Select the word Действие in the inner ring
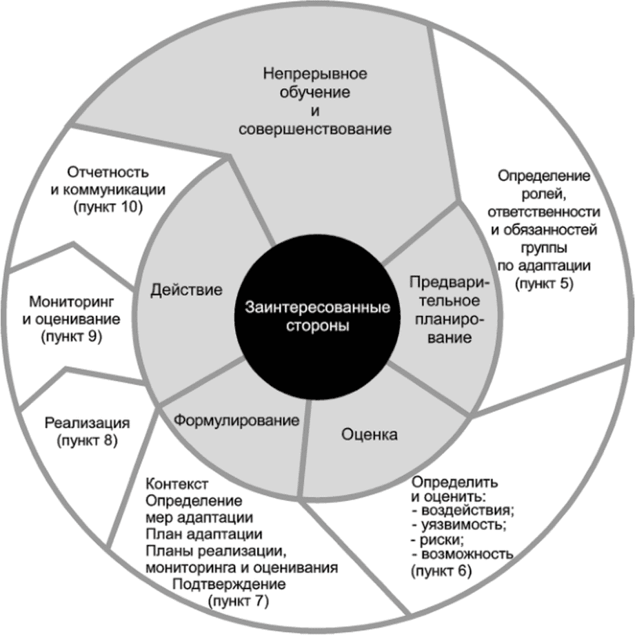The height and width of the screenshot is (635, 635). tap(186, 289)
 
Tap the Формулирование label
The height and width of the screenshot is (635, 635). tap(236, 420)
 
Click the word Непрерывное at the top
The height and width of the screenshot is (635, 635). tap(316, 73)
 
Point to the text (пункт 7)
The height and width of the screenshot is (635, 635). tap(237, 600)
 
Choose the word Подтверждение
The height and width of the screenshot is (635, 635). tap(229, 585)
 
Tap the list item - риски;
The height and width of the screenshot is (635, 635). tap(440, 540)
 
